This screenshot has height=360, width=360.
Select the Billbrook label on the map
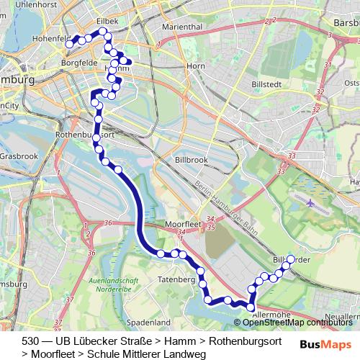click(191, 159)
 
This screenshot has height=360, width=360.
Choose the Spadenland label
click(147, 322)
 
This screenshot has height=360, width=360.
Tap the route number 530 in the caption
click(30, 340)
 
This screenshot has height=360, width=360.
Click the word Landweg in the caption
click(186, 354)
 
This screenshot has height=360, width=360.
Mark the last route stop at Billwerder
click(290, 259)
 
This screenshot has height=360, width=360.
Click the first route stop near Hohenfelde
click(70, 44)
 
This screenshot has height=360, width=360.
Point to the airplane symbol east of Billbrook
click(310, 202)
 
